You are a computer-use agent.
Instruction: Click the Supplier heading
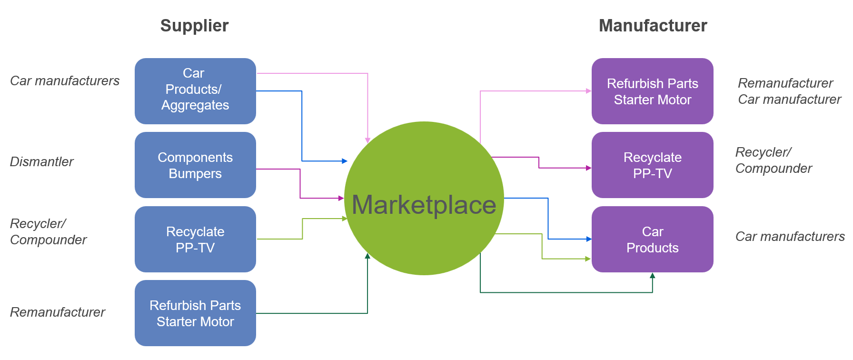click(194, 26)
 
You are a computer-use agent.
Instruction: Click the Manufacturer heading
click(653, 26)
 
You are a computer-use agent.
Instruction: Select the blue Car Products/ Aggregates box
click(195, 90)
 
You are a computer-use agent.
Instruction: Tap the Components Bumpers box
click(195, 165)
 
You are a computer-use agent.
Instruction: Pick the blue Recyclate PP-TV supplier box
click(195, 239)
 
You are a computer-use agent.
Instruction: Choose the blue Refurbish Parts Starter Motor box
click(195, 313)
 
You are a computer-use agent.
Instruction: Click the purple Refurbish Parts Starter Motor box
click(652, 91)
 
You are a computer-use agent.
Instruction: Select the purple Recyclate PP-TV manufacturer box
click(652, 165)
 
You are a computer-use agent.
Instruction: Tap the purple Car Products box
click(652, 239)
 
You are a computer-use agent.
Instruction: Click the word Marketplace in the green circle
click(424, 205)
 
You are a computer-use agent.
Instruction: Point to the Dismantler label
click(42, 162)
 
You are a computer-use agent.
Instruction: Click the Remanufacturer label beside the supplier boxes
click(58, 312)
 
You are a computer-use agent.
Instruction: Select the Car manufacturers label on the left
click(65, 81)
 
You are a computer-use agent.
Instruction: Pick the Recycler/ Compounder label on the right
click(774, 160)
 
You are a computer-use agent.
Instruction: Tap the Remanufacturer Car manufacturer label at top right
click(789, 91)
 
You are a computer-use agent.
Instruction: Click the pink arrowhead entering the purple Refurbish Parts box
click(588, 91)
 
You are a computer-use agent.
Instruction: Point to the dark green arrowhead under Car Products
click(652, 276)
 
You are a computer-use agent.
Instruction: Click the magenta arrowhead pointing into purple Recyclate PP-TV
click(588, 168)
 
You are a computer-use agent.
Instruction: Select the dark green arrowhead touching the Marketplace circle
click(367, 256)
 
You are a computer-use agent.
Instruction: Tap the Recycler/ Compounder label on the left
click(48, 231)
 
